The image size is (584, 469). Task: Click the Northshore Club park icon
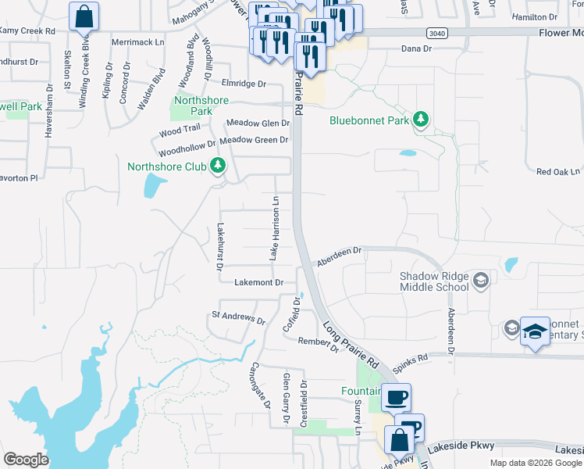tap(219, 166)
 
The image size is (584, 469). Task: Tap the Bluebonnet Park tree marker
tap(422, 120)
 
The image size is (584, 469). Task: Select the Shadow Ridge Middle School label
tap(434, 281)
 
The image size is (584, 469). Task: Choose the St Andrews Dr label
tap(239, 317)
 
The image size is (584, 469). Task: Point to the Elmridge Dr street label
tap(244, 83)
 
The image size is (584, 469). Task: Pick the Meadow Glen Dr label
tap(258, 123)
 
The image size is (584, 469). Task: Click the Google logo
tap(27, 460)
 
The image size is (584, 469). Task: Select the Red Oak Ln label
tap(558, 171)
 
